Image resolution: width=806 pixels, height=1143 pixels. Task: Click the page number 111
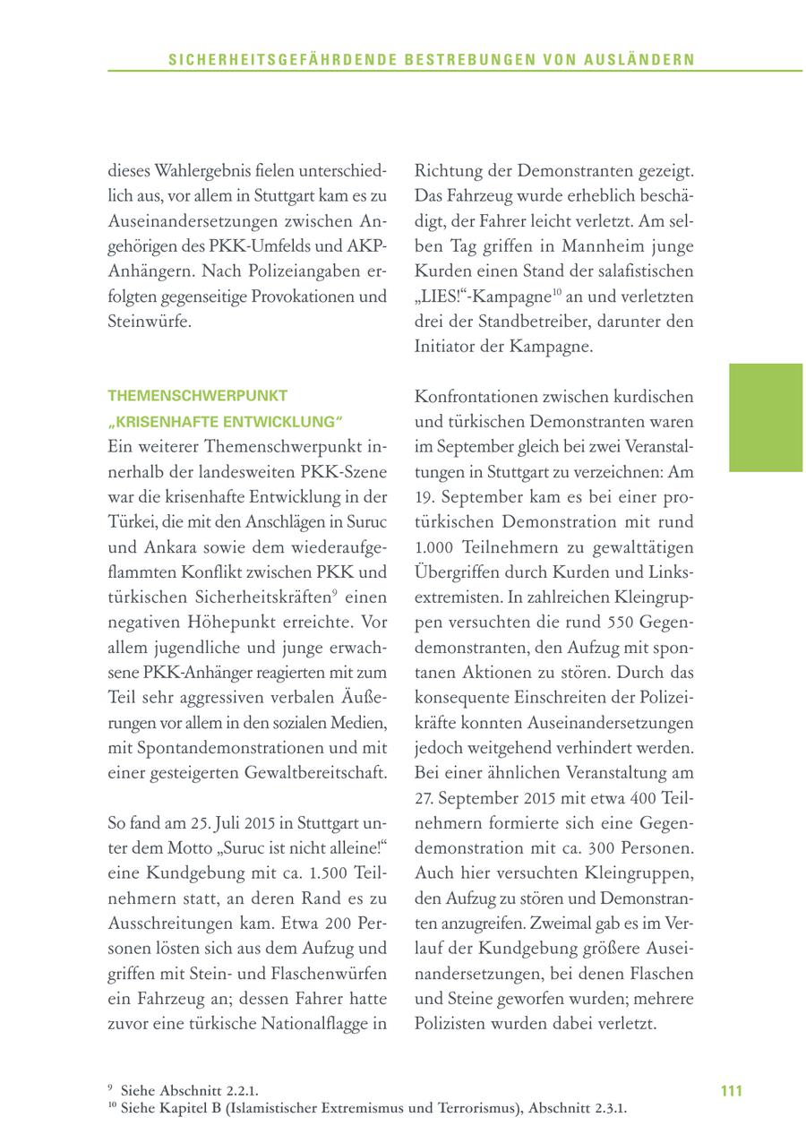point(731,1091)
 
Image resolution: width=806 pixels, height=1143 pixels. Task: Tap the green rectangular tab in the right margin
point(765,417)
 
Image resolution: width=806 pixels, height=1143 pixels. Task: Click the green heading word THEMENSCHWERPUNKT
point(197,395)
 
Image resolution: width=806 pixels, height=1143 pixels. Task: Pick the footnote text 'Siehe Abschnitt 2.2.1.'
point(189,1091)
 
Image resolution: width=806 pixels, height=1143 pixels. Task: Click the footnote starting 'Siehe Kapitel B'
point(373,1109)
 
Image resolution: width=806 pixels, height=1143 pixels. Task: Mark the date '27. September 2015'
point(483,798)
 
